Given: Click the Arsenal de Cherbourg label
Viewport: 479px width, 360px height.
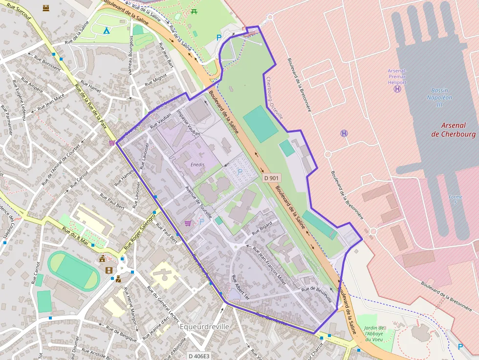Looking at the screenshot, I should (453, 129).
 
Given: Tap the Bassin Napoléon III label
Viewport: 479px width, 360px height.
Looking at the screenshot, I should (442, 98).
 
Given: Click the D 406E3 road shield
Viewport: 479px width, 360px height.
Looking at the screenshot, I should (199, 356).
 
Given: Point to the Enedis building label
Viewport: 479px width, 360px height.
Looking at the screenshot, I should (197, 165).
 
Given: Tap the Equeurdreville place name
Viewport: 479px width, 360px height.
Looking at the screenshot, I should (204, 326).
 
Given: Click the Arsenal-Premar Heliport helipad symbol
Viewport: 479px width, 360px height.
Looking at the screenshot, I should (397, 89).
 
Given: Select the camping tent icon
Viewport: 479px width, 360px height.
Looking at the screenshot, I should (106, 30).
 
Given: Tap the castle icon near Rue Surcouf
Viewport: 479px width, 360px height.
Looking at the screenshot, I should (46, 8).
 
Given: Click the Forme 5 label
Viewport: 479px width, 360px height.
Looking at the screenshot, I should (455, 200).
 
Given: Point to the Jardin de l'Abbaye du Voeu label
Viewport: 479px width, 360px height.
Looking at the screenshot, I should (374, 334).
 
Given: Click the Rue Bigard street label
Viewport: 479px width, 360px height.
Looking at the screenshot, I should (261, 229).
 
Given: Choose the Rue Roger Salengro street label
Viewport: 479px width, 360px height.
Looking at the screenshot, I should (139, 229).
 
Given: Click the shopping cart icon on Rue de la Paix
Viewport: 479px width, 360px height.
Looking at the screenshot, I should (112, 143).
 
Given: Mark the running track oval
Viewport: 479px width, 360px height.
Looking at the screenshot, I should (74, 271).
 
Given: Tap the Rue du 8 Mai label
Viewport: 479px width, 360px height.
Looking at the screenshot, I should (74, 235).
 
